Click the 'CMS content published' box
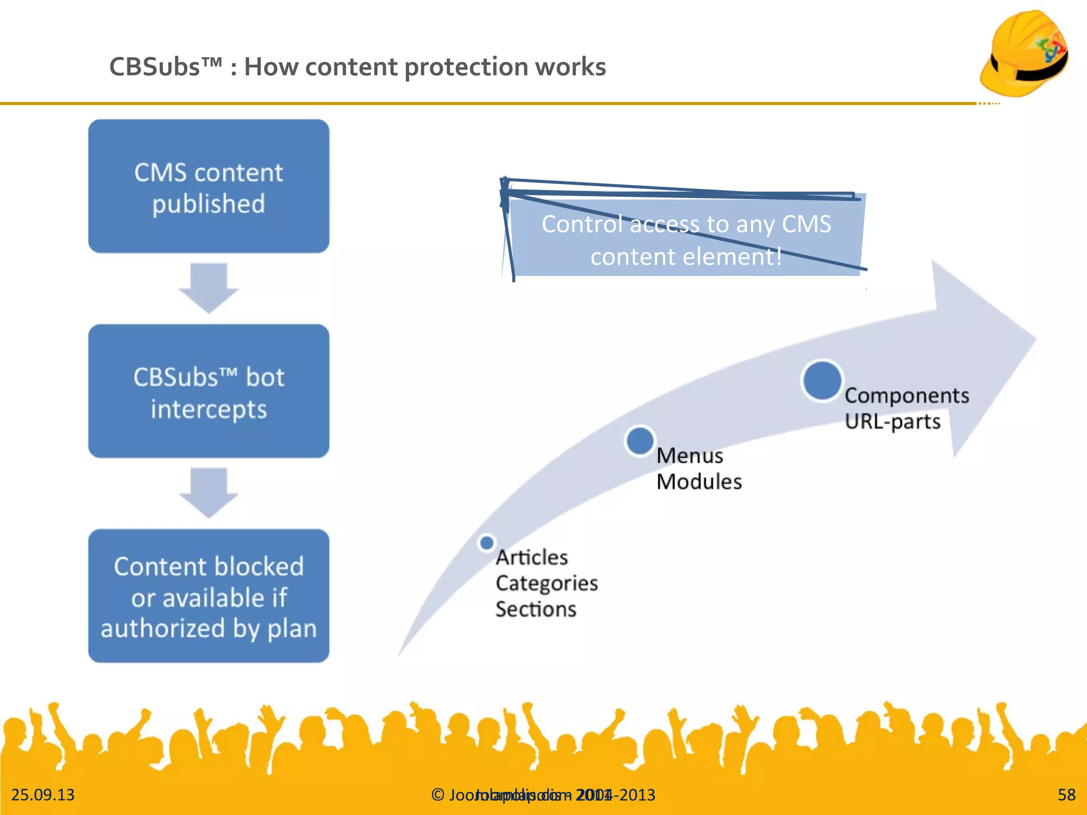(209, 186)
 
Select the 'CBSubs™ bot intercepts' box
(209, 392)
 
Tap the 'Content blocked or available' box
(209, 596)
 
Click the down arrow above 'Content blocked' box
(209, 492)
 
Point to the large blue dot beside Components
(822, 380)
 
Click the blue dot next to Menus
(640, 440)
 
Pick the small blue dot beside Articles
(486, 542)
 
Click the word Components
(907, 396)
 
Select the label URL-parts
(892, 422)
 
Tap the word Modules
(698, 482)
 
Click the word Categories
(547, 583)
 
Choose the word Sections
(536, 609)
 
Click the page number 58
(1066, 794)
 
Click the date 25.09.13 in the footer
(43, 794)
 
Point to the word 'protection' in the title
(464, 67)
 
